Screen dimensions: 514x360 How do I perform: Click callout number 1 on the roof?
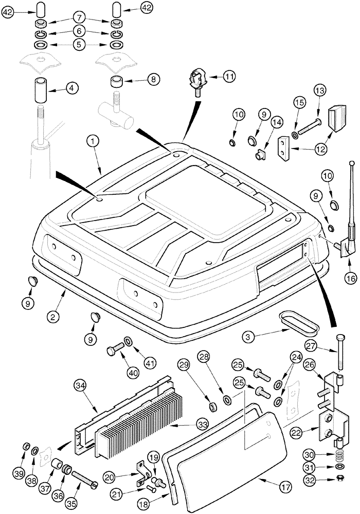point(93,140)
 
